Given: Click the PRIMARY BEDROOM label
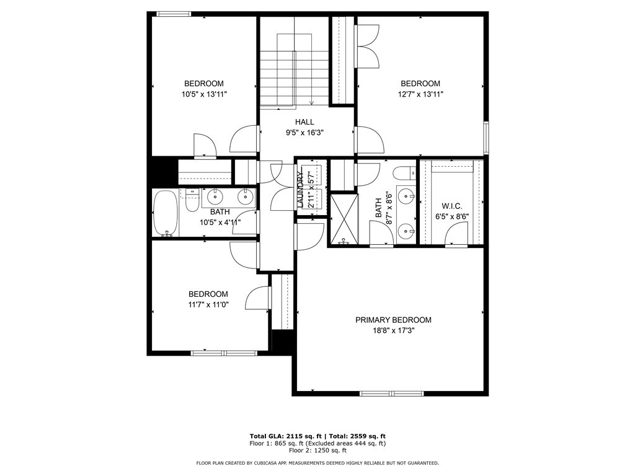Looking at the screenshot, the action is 393,320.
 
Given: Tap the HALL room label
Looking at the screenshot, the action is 304,122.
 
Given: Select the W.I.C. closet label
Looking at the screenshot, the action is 451,206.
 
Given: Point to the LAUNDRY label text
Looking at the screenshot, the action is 300,190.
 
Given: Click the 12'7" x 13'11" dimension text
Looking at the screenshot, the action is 420,94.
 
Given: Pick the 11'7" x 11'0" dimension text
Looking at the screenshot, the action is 208,304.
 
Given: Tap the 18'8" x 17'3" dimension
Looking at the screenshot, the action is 393,331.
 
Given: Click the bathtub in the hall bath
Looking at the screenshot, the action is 166,213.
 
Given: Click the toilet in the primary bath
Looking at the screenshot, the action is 405,174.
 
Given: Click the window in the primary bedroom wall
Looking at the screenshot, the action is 392,393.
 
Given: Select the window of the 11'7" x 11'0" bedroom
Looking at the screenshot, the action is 224,353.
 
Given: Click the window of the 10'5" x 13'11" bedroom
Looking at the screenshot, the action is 174,14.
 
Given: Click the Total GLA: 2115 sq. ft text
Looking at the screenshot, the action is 285,436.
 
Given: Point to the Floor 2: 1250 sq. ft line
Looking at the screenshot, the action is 317,450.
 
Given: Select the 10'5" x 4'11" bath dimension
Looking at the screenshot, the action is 220,223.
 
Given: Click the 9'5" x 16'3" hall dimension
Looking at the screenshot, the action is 304,133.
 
